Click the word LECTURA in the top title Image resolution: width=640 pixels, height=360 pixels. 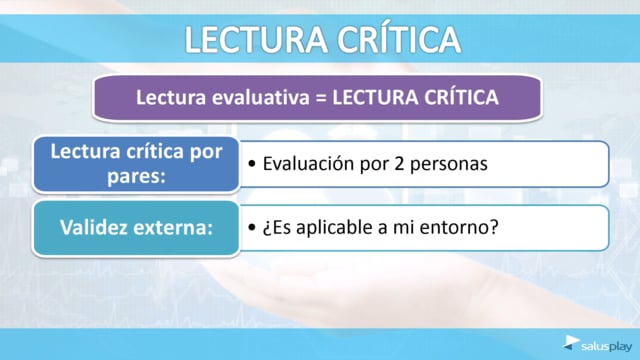coord(256,39)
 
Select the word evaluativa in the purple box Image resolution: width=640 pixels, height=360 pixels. coord(260,98)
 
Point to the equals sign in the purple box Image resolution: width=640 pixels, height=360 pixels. coord(321,98)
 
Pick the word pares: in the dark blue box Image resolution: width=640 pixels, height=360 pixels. coord(136,177)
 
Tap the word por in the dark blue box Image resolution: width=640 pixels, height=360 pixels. coord(206,153)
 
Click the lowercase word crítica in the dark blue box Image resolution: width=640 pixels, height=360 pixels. coord(155,151)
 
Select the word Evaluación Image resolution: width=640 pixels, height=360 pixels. coord(308,163)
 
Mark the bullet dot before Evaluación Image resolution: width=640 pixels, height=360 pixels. coord(252,164)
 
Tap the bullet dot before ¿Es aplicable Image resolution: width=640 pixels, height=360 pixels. coord(252,227)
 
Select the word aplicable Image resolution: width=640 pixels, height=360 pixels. coord(335,228)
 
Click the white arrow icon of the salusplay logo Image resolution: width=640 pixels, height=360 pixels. coord(571,342)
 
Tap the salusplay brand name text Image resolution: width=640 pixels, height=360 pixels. coord(607,347)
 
